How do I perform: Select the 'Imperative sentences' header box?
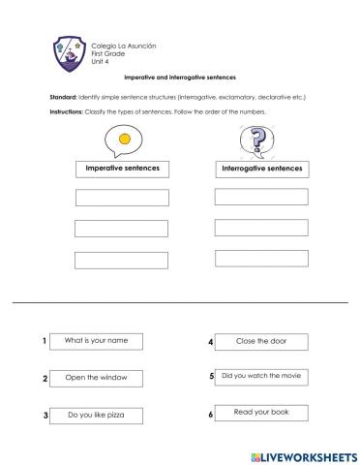coord(123,170)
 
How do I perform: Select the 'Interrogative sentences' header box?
coord(261,169)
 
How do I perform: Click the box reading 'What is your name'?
coord(99,341)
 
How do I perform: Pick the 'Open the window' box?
coord(99,378)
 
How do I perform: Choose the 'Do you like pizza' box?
coord(99,416)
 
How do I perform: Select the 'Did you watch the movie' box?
coord(263,376)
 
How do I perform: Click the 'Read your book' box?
coord(262,414)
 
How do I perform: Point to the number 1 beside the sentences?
coord(45,342)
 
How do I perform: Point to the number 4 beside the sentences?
coord(210,342)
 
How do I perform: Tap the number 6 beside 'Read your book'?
coord(210,416)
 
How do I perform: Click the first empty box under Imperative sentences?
coord(122,199)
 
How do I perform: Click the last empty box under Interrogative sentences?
coord(261,259)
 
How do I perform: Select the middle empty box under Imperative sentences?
coord(122,230)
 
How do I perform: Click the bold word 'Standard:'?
coord(64,98)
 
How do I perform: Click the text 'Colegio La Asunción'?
coord(123,46)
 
